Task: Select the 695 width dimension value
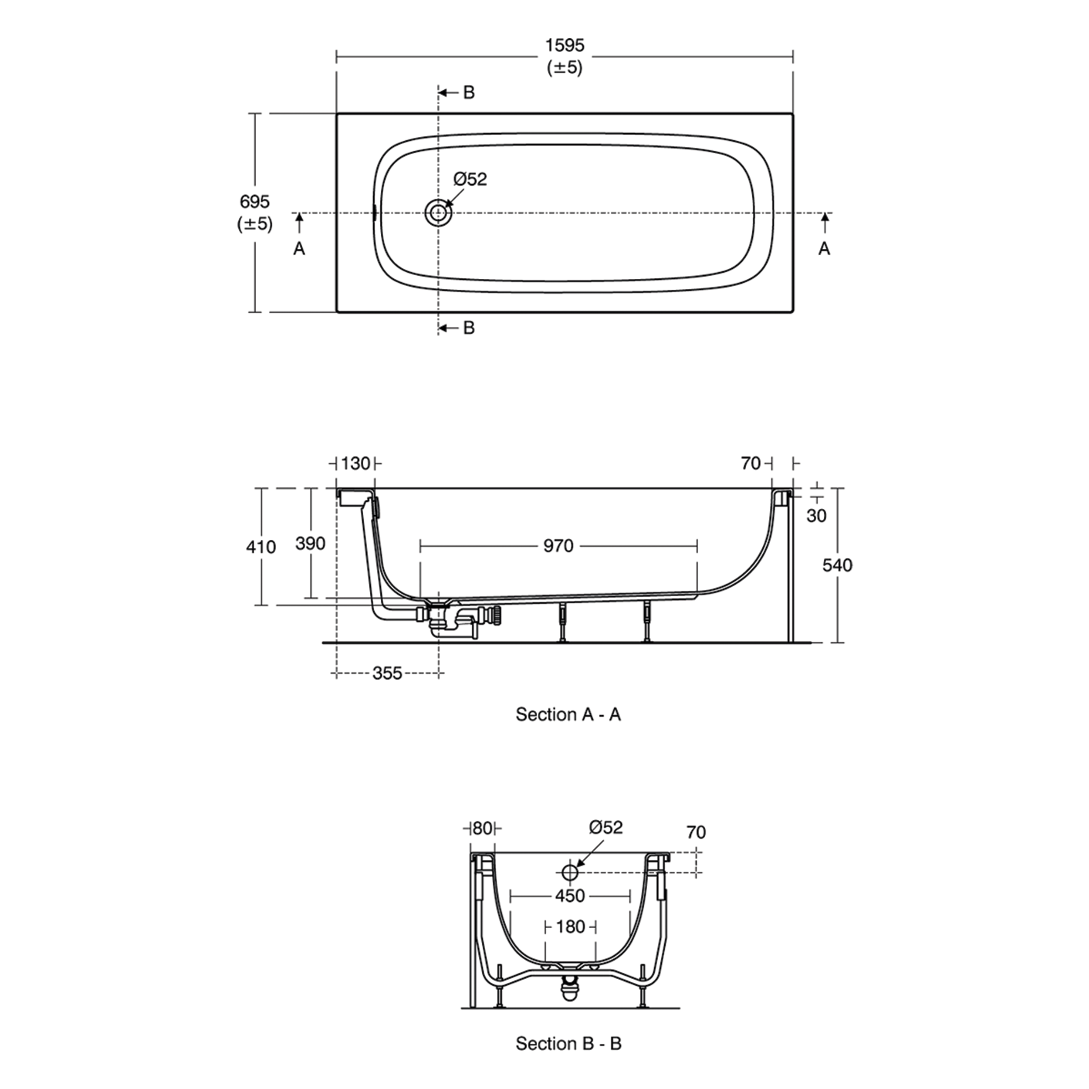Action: [x=255, y=202]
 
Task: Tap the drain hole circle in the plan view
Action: [x=437, y=213]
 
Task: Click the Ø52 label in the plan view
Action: [x=470, y=179]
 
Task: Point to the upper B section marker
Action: [x=468, y=92]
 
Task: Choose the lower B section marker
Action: [x=468, y=328]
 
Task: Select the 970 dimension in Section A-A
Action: [x=558, y=546]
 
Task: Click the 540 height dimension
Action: [x=837, y=565]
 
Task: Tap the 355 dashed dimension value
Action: [x=387, y=673]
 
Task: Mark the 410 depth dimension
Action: [x=261, y=547]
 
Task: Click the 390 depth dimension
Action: [x=311, y=543]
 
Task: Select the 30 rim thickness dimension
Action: [x=816, y=515]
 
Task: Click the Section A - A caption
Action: [x=568, y=715]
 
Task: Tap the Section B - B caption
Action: [x=568, y=1043]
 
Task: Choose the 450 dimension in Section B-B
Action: [x=570, y=896]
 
